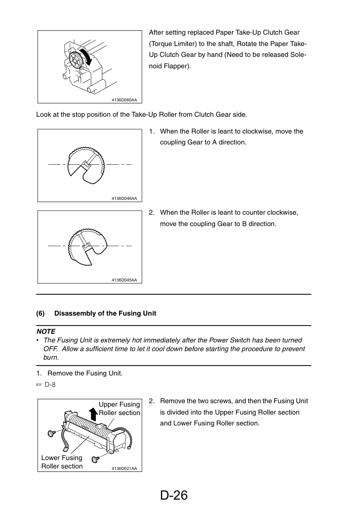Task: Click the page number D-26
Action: [x=174, y=495]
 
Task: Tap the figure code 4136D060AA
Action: [x=124, y=100]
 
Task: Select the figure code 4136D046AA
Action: [x=124, y=198]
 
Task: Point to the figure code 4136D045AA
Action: [x=124, y=280]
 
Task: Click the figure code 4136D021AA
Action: [x=124, y=468]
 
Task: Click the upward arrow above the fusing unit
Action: [x=93, y=414]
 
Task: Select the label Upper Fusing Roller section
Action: [x=120, y=409]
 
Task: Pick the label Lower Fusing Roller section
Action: [x=62, y=462]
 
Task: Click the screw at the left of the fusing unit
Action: [x=51, y=433]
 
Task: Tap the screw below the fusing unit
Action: [x=95, y=460]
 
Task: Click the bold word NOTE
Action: [x=46, y=331]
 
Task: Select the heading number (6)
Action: [x=41, y=314]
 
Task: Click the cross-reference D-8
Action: [x=50, y=385]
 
